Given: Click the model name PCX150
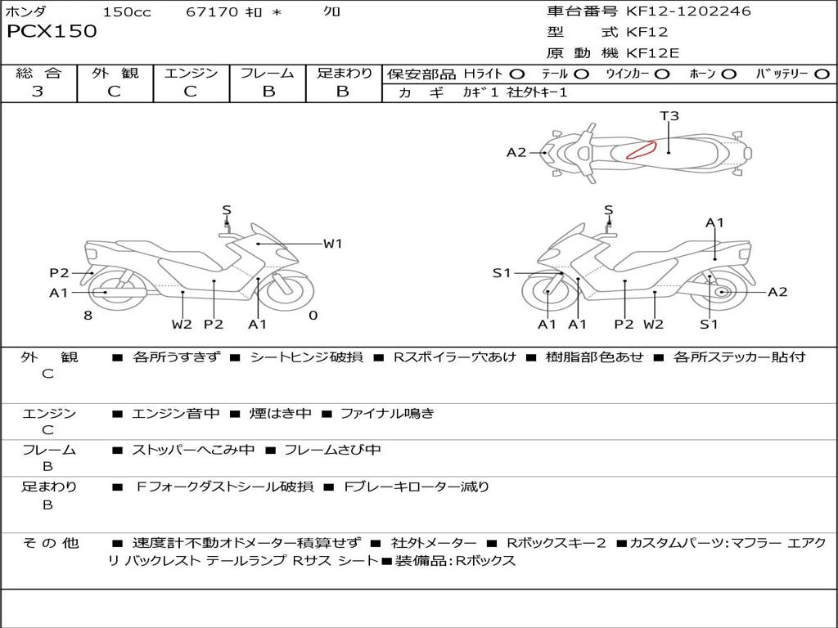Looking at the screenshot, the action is (x=52, y=32).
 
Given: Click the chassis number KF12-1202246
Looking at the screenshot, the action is (x=688, y=11).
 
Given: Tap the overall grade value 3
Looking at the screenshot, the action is (x=38, y=92).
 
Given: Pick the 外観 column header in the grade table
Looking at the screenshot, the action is (x=115, y=74).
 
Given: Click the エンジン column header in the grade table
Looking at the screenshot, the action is (x=191, y=74).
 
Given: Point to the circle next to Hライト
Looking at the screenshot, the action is (x=517, y=74).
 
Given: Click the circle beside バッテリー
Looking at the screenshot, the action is (x=822, y=74).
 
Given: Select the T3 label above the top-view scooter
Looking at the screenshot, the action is (x=669, y=116).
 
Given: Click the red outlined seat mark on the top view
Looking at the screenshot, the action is (x=642, y=150).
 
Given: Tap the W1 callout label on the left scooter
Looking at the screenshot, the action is (x=332, y=243).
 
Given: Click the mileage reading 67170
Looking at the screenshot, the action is (x=212, y=11).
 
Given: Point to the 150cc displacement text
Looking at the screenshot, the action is (x=127, y=11).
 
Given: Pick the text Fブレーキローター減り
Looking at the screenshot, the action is (x=416, y=487).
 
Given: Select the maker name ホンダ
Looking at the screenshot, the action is (x=26, y=11).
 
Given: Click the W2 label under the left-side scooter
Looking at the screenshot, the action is (x=182, y=325).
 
